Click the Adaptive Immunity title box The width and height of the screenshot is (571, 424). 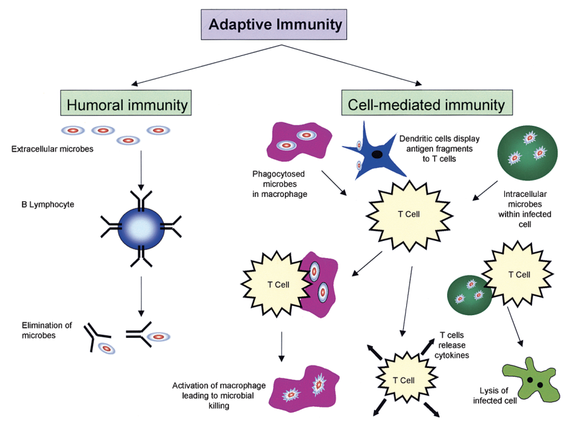[276, 25]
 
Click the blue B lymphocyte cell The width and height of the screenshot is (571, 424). [141, 225]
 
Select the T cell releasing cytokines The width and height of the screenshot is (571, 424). [403, 379]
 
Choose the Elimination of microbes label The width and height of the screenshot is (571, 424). [47, 330]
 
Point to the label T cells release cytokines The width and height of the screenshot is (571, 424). [454, 345]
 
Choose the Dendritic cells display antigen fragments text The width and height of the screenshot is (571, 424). [436, 148]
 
